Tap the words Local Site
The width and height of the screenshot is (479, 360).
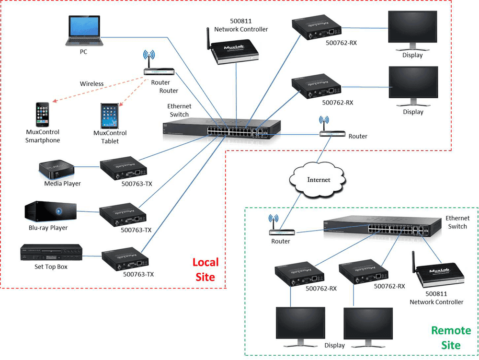(x=205, y=269)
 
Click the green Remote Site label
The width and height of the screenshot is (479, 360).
(x=445, y=337)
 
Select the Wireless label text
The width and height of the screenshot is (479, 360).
(x=91, y=83)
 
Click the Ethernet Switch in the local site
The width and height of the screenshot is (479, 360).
(x=221, y=129)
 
